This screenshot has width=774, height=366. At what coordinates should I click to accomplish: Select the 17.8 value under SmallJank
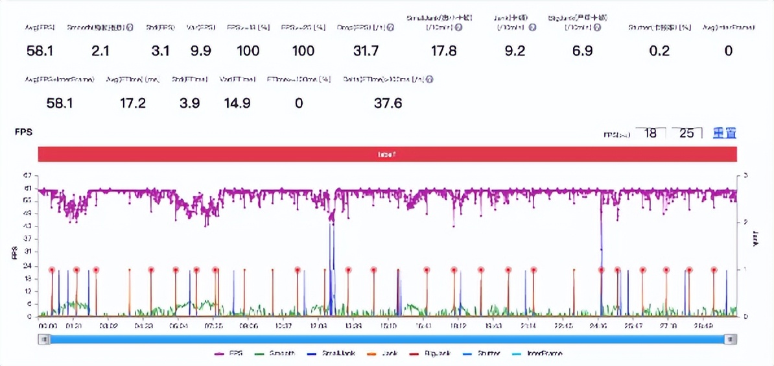pos(443,51)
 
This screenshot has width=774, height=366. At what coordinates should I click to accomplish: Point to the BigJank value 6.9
pos(582,51)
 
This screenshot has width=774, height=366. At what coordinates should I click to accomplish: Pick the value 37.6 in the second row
pos(388,103)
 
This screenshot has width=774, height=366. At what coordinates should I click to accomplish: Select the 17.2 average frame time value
pos(133,103)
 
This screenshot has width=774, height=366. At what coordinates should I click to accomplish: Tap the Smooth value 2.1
pos(100,51)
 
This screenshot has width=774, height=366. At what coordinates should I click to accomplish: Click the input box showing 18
pos(650,133)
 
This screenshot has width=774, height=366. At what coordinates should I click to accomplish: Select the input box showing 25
pos(686,133)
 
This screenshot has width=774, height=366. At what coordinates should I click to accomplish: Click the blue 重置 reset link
pos(724,133)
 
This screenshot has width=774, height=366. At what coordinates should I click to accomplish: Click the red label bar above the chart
pos(387,154)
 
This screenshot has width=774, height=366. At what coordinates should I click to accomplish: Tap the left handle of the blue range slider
pos(44,339)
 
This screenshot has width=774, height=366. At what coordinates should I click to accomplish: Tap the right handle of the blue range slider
pos(731,339)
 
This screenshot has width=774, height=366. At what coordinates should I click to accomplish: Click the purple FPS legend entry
pos(230,354)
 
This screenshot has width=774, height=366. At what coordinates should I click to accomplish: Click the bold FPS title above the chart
pos(23,132)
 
